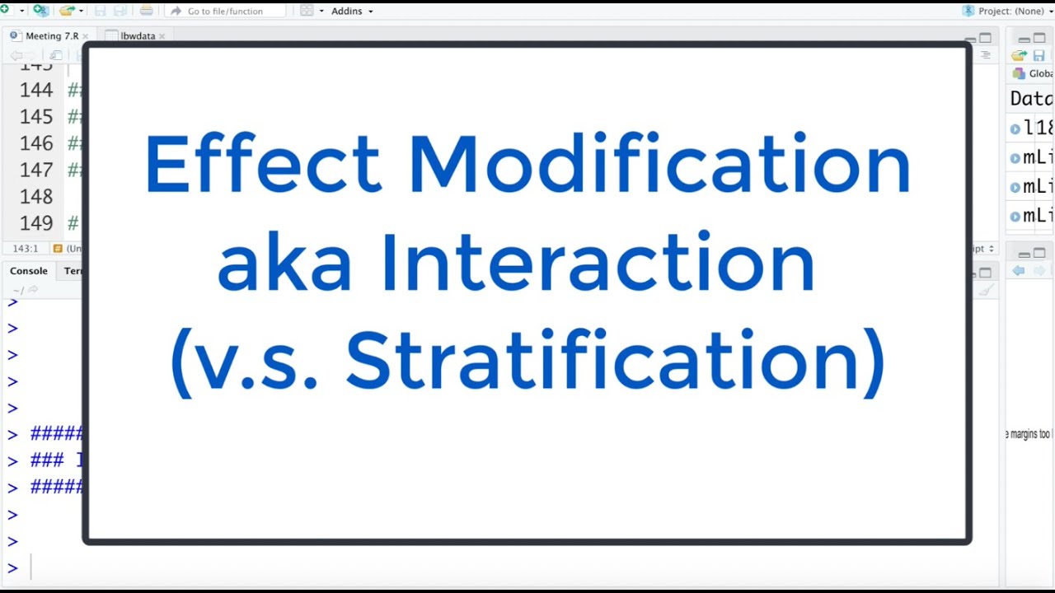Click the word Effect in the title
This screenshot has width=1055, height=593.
coord(262,164)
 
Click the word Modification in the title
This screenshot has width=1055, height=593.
coord(659,164)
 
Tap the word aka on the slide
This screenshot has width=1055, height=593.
coord(284,263)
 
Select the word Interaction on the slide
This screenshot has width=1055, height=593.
coord(598,263)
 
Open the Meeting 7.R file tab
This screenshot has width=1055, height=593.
coord(52,36)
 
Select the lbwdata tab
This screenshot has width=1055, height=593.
coord(137,36)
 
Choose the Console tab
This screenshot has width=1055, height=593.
coord(29,271)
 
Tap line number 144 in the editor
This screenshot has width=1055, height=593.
coord(36,90)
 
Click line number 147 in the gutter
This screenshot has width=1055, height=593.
coord(36,170)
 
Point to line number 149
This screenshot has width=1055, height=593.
coord(36,223)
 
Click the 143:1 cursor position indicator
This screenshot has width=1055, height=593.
coord(25,248)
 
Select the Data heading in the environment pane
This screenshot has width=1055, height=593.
coord(1031,99)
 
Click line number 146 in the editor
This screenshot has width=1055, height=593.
coord(36,143)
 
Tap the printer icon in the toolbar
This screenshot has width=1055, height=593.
coord(146,11)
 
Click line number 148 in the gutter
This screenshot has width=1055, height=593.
coord(36,196)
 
